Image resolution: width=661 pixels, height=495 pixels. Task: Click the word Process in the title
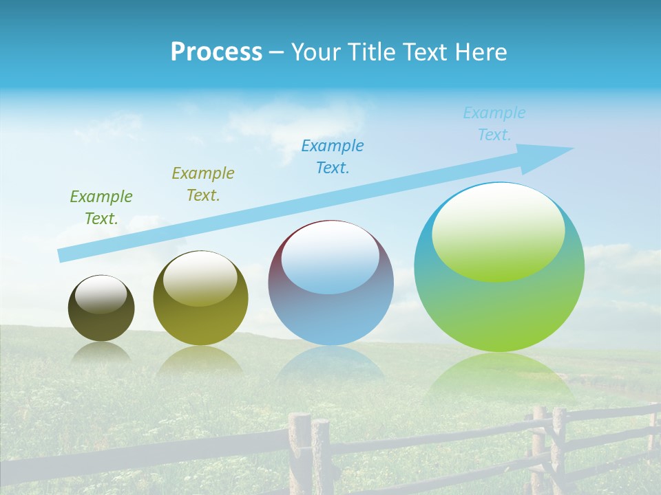(216, 52)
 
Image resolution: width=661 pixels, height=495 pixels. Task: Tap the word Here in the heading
(481, 52)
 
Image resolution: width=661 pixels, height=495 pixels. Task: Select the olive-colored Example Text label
(203, 184)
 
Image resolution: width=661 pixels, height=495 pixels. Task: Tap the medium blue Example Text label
(333, 157)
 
